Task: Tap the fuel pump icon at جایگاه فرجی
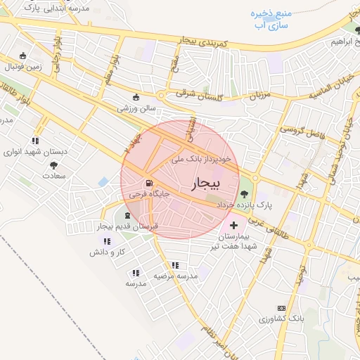point(147,185)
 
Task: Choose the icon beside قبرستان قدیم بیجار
point(127,215)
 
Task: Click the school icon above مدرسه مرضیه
point(174,265)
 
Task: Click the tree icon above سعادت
point(53,165)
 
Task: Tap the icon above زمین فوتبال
point(23,56)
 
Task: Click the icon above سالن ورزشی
point(136,98)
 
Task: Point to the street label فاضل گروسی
point(299,131)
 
